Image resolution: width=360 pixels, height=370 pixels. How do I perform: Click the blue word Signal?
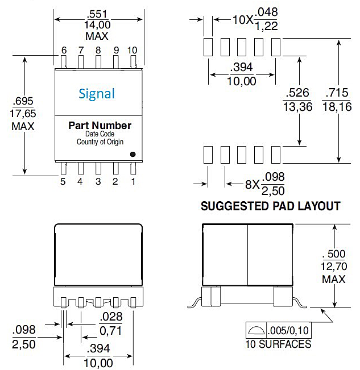click(x=97, y=93)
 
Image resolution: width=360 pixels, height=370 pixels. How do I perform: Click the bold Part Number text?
click(x=100, y=126)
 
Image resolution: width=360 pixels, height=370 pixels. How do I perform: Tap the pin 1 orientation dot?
click(x=133, y=153)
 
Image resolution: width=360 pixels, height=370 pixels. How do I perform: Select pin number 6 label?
click(x=64, y=50)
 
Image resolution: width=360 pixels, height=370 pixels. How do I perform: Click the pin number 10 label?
click(x=133, y=50)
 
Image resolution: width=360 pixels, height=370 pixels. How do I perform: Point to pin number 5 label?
click(x=63, y=182)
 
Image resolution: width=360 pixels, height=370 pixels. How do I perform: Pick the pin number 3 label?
click(x=98, y=182)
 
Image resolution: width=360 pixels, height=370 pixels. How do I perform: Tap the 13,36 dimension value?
click(x=297, y=106)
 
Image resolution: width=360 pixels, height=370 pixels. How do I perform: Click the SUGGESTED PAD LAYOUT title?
click(x=271, y=206)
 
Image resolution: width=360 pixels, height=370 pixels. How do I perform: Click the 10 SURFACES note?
click(x=278, y=344)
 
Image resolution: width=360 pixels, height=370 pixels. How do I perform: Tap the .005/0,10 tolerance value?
click(x=289, y=330)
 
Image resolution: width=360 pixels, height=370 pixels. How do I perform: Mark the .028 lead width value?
click(x=110, y=317)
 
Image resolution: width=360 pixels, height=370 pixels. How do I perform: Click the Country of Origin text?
click(x=100, y=142)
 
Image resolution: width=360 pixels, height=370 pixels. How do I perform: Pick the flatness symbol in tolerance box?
click(x=255, y=330)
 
